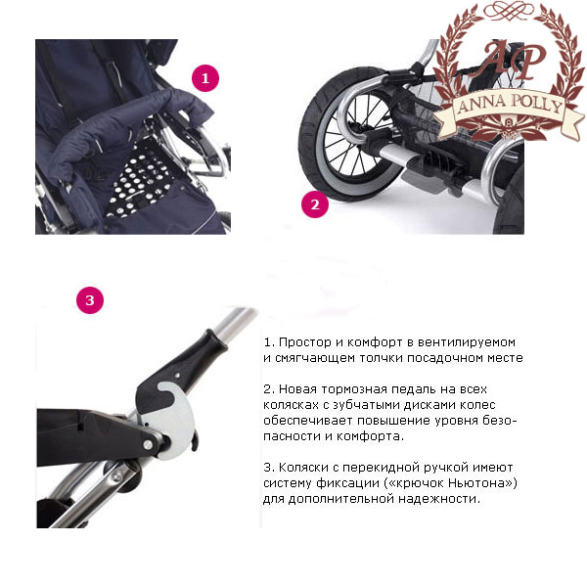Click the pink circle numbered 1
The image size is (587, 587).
205,78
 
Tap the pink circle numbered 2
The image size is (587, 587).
315,204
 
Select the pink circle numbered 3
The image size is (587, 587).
90,300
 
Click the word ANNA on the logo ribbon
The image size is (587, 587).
481,105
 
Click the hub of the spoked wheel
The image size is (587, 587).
356,127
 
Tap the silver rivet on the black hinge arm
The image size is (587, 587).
148,444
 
